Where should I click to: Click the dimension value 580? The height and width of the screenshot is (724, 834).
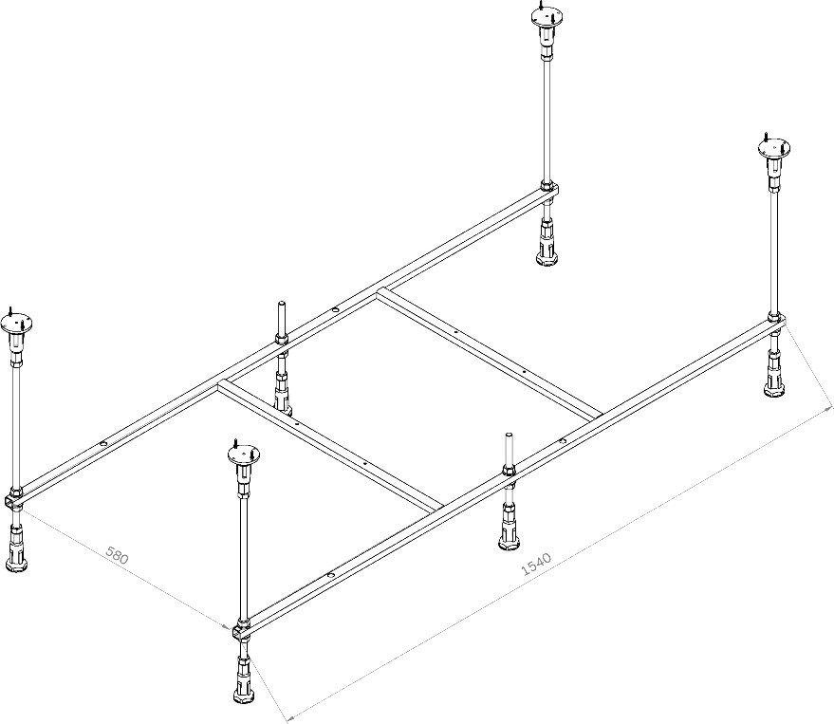(x=117, y=555)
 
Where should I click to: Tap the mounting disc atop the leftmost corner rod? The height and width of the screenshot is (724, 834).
(x=16, y=323)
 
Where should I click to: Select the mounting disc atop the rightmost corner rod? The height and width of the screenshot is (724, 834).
(x=774, y=148)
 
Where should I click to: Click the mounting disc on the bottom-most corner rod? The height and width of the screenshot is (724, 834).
(x=243, y=455)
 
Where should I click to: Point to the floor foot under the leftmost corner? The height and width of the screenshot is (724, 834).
(x=15, y=547)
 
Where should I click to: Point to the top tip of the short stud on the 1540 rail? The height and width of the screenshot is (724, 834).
(x=509, y=434)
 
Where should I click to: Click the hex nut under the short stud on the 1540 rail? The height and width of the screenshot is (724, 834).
(x=509, y=470)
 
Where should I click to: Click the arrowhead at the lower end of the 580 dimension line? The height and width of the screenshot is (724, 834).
(x=228, y=625)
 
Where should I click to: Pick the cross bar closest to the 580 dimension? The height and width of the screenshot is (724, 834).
(x=330, y=442)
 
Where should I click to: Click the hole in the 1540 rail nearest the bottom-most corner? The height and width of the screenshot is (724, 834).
(x=331, y=575)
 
